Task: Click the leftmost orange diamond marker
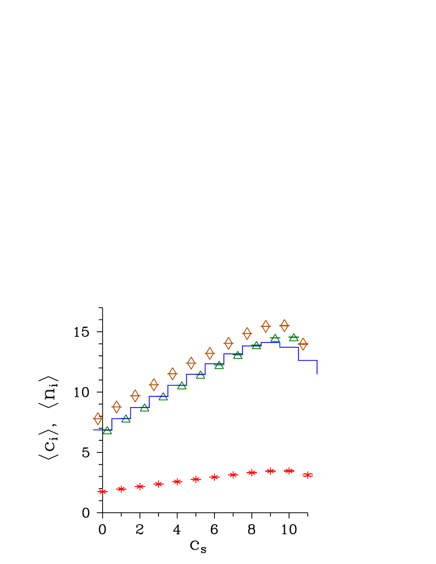97,418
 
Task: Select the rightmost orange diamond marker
303,344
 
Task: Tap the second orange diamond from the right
284,326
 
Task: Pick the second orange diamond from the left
116,407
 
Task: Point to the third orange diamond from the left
135,396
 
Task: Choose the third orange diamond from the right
266,326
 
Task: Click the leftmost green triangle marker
107,430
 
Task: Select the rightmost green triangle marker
293,337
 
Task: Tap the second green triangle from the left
126,419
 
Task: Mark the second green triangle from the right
275,338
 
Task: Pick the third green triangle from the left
145,408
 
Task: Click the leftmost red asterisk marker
103,492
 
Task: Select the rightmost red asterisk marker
308,475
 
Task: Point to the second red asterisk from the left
121,489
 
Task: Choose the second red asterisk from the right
289,471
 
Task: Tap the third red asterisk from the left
140,487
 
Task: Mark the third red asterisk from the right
270,471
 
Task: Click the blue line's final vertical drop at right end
317,367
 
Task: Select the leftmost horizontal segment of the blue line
102,430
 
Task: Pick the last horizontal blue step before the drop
308,360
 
